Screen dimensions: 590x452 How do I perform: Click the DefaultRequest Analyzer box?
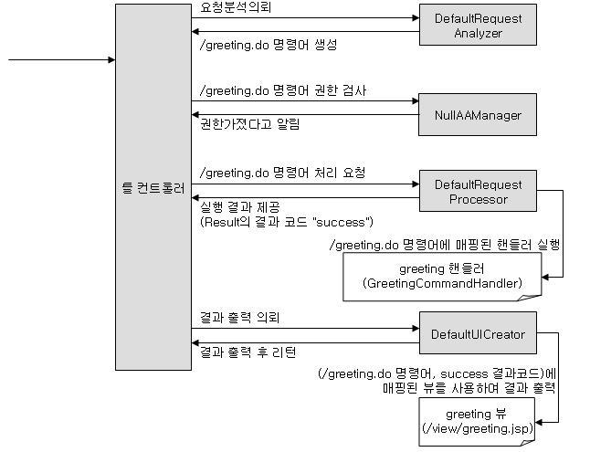[x=478, y=25]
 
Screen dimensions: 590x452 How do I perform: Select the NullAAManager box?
[x=478, y=115]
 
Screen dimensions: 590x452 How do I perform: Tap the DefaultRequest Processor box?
[x=478, y=191]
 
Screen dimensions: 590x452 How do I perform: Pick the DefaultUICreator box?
[x=478, y=332]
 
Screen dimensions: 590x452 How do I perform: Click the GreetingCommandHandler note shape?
[x=442, y=277]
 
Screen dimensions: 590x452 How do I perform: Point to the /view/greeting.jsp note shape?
[x=477, y=422]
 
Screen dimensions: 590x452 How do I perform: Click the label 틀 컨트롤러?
[x=153, y=188]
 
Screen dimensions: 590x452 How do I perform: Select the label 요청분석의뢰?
[x=236, y=7]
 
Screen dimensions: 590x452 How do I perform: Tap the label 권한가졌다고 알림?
[x=250, y=124]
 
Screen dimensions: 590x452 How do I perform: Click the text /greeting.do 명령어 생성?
[x=269, y=45]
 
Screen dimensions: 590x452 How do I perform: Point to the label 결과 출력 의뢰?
[x=239, y=317]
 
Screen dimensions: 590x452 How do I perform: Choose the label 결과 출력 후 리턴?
[x=248, y=352]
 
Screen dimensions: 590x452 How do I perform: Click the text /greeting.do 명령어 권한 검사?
[x=283, y=90]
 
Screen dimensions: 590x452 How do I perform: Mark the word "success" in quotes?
[x=341, y=222]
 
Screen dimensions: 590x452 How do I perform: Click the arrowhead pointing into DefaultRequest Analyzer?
[x=416, y=17]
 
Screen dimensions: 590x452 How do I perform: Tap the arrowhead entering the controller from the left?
[x=111, y=59]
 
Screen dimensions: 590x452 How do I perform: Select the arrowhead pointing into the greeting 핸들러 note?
[x=545, y=278]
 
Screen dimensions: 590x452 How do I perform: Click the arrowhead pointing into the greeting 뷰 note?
[x=539, y=422]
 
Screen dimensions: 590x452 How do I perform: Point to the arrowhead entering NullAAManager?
[x=415, y=100]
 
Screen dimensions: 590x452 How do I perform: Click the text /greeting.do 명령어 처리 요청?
[x=282, y=173]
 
